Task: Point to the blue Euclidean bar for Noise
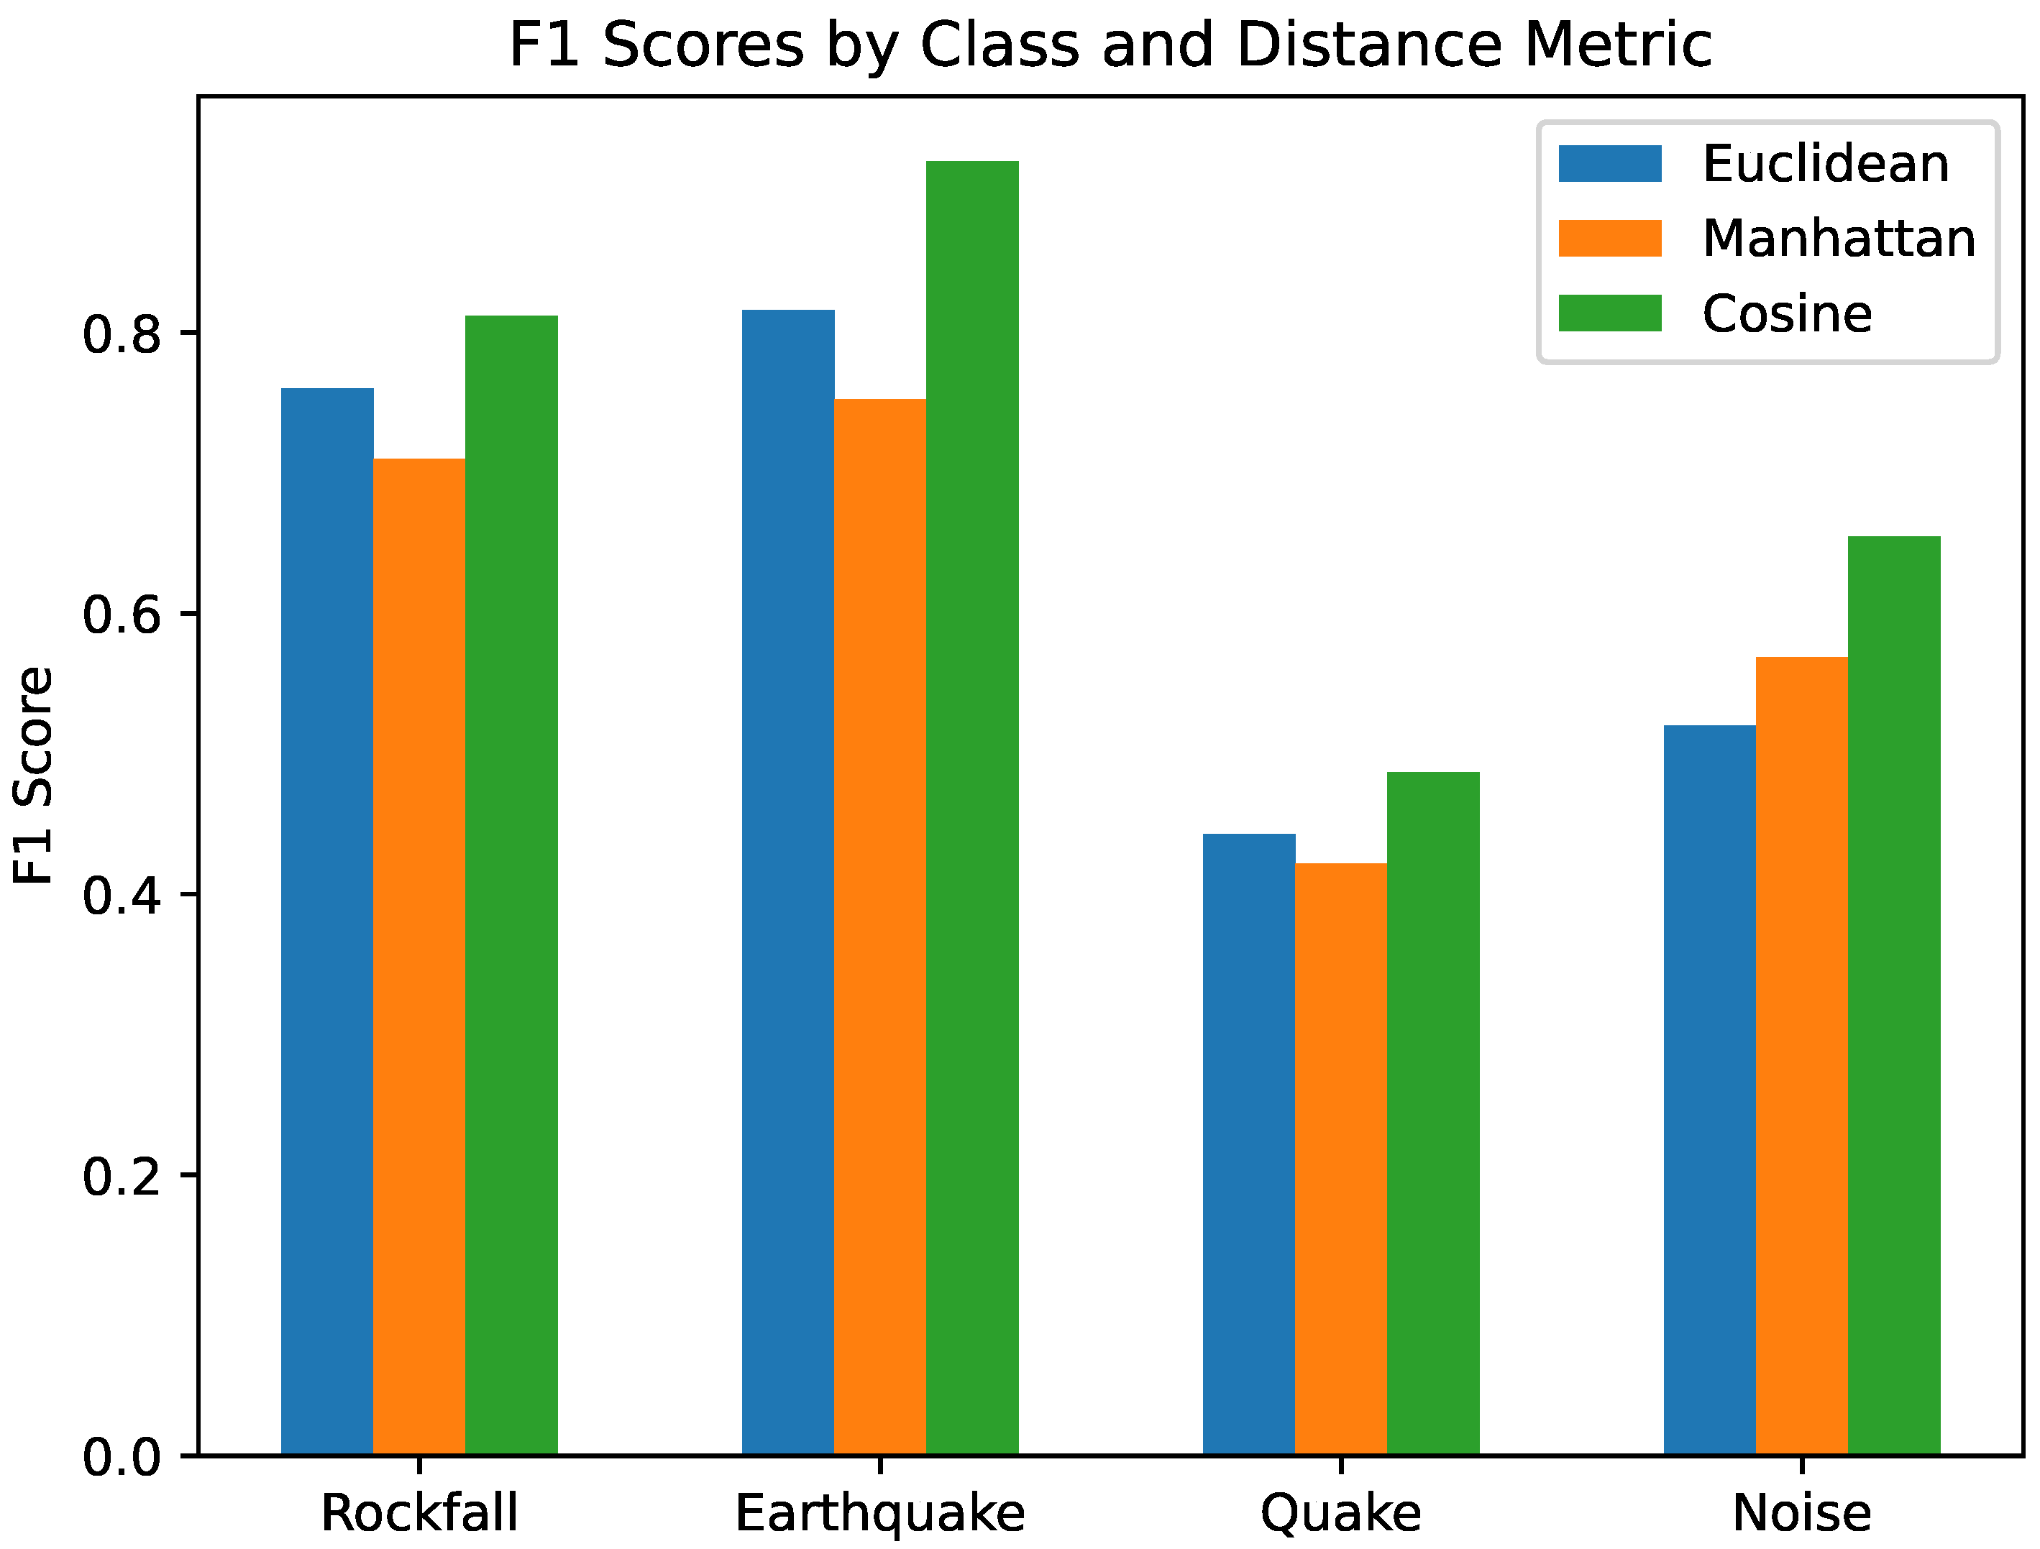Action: (1709, 1089)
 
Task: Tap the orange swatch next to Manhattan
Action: (1609, 238)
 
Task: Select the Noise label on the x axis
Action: (1801, 1512)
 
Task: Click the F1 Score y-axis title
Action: (35, 776)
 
